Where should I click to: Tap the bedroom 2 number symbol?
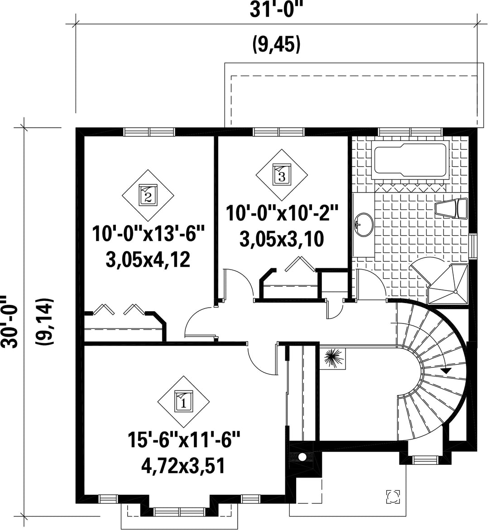(148, 195)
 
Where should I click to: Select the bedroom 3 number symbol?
(282, 175)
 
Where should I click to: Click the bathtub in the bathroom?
(410, 160)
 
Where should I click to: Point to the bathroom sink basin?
(364, 224)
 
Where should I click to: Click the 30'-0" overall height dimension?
(9, 321)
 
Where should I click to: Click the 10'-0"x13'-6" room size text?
(149, 234)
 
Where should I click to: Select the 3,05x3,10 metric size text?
(282, 239)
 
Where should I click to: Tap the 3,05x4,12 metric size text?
(148, 260)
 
